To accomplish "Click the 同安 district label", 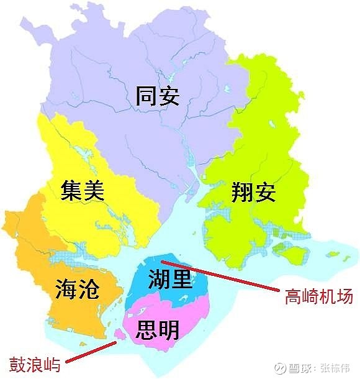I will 158,96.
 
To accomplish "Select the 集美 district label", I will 83,189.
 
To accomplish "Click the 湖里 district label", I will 169,280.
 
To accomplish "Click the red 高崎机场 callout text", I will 318,297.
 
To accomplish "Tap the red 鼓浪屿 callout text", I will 35,363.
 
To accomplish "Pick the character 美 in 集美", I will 94,189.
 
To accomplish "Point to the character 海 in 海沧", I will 66,289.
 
